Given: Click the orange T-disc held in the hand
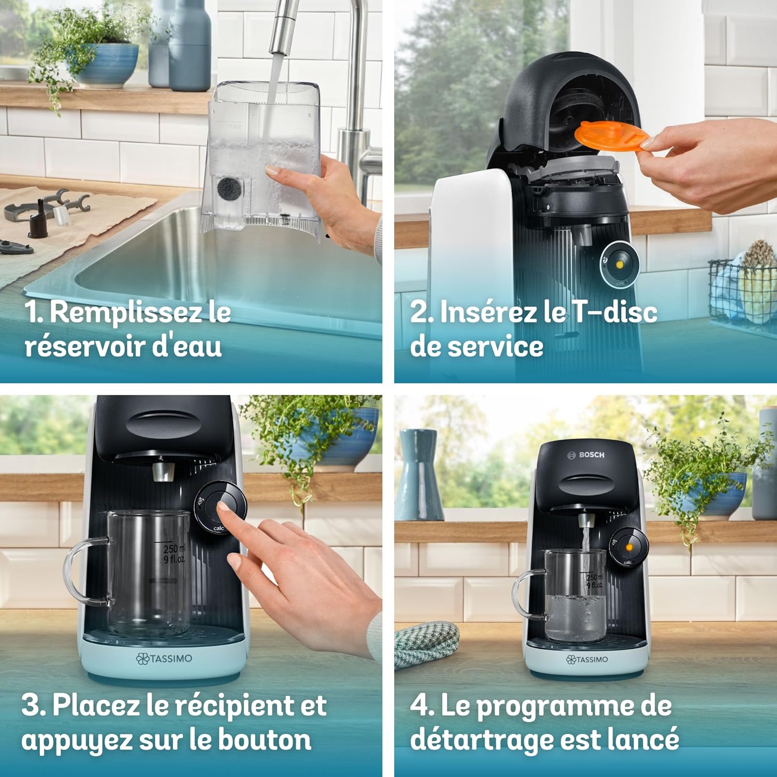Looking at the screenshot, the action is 611,136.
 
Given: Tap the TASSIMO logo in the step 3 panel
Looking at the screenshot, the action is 164,658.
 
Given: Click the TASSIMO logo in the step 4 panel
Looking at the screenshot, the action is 587,659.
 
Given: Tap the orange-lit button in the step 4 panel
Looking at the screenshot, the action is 629,546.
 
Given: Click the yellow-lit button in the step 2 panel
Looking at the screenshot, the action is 620,264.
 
